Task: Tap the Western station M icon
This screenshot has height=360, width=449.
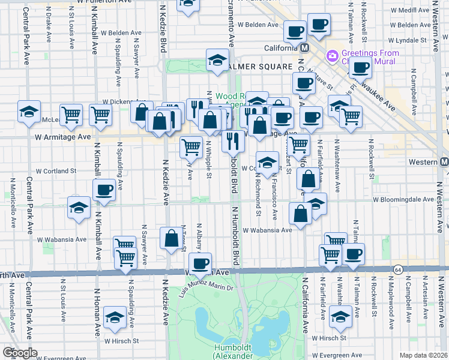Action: pos(444,162)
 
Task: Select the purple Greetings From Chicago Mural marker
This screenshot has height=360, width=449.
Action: pos(331,56)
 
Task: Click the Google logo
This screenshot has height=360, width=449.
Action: pos(19,353)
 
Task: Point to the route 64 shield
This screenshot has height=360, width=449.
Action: pos(397,269)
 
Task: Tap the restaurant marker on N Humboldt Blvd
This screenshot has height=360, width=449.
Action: pos(233,141)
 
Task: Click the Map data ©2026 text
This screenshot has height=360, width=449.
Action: pos(423,355)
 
